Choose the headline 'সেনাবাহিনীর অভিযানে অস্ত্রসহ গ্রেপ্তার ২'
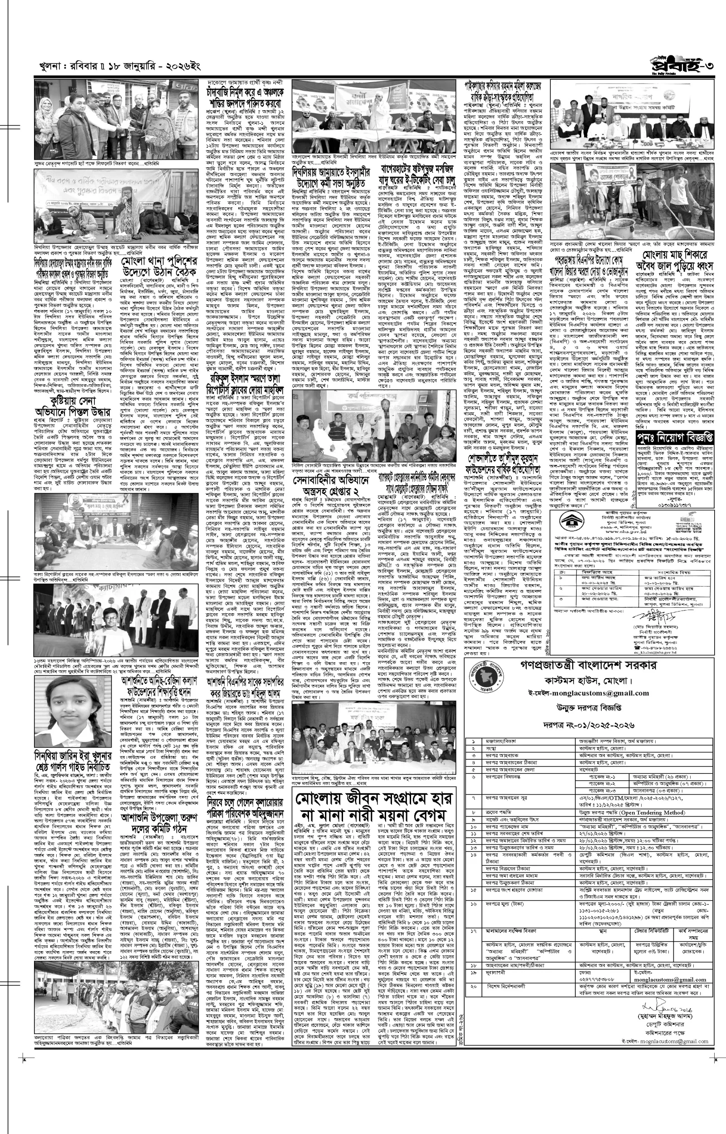331,490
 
